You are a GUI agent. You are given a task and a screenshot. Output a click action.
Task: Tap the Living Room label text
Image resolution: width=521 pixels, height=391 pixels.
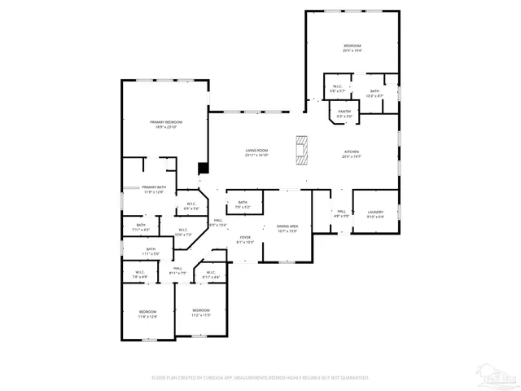pos(256,152)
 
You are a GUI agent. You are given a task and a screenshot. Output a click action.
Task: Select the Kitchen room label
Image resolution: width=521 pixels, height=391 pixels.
pos(352,152)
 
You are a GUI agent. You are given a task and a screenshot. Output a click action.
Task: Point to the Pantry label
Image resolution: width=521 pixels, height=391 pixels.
pos(344,113)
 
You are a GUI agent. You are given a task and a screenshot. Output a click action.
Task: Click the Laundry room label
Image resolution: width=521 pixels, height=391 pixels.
pos(375,213)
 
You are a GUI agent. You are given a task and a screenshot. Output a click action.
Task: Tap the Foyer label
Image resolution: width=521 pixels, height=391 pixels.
pos(245,239)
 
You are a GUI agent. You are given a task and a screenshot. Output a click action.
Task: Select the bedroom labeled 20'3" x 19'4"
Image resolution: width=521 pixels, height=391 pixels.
pos(352,47)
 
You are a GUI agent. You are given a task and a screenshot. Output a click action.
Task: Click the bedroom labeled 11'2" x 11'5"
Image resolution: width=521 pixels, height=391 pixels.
pos(201,313)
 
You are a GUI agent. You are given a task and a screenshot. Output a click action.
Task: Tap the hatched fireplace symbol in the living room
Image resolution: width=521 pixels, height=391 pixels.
pos(303,150)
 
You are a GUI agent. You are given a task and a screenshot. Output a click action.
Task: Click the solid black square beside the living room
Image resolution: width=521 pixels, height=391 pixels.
pos(204,168)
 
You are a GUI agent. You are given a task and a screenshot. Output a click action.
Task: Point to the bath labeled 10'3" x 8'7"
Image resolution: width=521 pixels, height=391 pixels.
pos(374,94)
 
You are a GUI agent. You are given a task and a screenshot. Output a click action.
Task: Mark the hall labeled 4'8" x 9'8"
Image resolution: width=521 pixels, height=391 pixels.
pos(341,213)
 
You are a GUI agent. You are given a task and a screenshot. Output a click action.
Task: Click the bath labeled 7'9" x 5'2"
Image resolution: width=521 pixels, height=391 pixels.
pos(243,204)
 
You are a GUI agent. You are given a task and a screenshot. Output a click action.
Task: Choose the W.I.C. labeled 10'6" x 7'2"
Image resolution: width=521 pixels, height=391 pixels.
pos(183,233)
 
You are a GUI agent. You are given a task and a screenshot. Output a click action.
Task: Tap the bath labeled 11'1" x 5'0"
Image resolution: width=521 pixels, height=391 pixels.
pos(151,252)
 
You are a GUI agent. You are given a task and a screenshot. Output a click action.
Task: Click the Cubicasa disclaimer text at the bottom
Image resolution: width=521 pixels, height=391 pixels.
pos(260,378)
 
